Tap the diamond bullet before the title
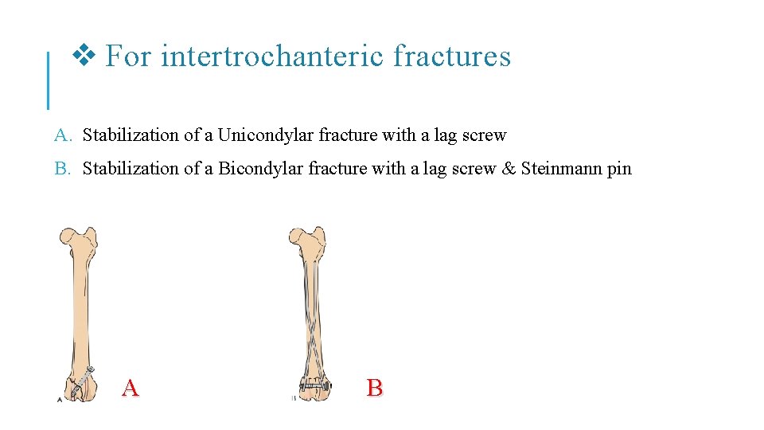(84, 56)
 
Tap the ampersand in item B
(509, 169)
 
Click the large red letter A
(131, 388)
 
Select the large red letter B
(375, 388)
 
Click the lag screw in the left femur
(83, 381)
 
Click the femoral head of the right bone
(297, 236)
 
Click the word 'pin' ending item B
(619, 169)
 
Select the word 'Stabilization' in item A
(131, 135)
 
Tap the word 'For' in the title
(127, 57)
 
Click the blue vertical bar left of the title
(49, 80)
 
